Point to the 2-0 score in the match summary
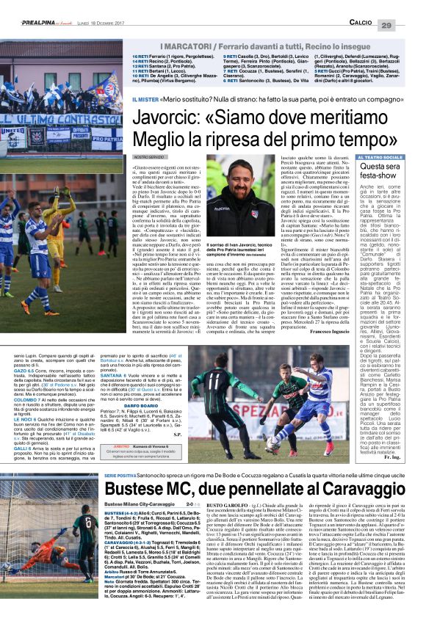click(189, 505)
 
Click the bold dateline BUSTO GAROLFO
click(225, 505)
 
